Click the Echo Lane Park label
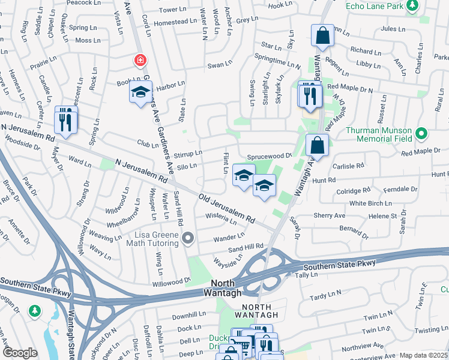374,6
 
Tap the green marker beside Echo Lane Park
412,6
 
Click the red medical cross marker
140,61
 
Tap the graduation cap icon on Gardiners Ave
140,92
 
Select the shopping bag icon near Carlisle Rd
317,145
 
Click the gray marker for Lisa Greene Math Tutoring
188,239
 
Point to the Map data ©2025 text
424,355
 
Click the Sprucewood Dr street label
269,155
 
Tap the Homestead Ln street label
176,21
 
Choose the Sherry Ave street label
330,215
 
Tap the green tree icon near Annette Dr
35,310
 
